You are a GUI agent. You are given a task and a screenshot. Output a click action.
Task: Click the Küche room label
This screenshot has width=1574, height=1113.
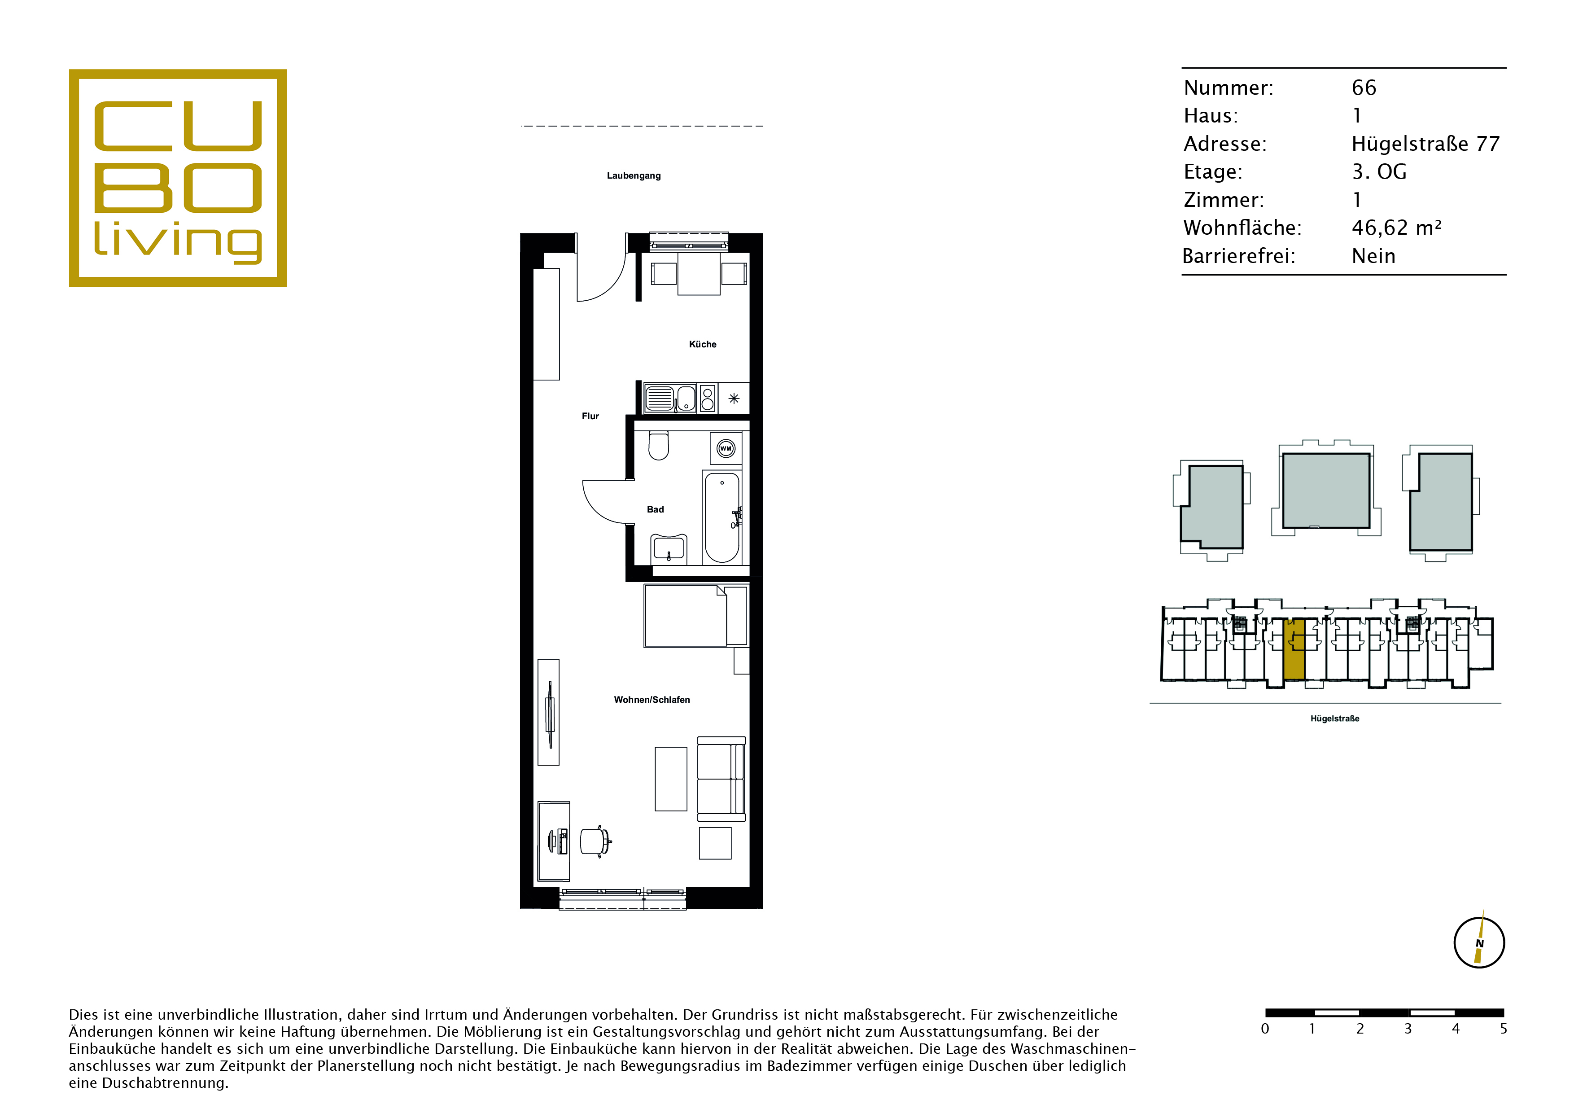coord(702,344)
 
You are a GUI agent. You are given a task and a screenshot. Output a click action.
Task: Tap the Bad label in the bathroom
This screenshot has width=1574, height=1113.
coord(656,509)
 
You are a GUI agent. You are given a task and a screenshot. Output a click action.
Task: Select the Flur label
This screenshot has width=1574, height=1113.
coord(590,416)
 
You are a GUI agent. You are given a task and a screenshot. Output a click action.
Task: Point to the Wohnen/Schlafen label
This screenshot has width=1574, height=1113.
coord(652,700)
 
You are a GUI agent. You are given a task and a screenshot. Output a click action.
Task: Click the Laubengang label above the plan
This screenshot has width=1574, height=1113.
coord(634,175)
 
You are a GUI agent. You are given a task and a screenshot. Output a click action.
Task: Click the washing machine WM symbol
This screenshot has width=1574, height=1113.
coord(725,448)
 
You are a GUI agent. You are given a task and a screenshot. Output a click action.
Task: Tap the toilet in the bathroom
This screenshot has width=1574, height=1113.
coord(659,446)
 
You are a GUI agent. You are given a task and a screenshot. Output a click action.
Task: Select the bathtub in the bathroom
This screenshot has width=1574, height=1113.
coord(722,517)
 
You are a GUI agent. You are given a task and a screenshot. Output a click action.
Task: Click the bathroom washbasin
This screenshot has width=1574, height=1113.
coord(669,548)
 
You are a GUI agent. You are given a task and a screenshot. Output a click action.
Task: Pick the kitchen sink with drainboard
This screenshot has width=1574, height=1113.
coord(670,398)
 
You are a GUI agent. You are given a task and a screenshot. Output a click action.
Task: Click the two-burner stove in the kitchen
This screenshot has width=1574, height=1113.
coord(708,398)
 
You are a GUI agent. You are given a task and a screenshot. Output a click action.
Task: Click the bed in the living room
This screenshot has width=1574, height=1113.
coord(695,616)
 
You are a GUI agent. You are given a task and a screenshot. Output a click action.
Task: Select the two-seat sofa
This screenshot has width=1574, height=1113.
coord(721,779)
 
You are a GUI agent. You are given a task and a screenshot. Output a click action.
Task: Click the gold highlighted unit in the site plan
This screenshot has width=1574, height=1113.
coord(1294,649)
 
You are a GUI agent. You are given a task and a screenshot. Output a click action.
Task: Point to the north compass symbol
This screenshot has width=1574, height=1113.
coord(1479,942)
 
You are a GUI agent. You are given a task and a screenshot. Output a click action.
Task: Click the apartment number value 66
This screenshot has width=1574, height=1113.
coord(1364,88)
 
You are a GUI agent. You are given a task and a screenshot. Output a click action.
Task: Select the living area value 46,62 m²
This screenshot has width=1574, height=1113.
coord(1396,228)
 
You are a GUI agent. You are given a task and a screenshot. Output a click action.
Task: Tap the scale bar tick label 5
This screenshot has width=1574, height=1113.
coord(1504,1029)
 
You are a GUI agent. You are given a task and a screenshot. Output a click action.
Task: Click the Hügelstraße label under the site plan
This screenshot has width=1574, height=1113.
coord(1335,719)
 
